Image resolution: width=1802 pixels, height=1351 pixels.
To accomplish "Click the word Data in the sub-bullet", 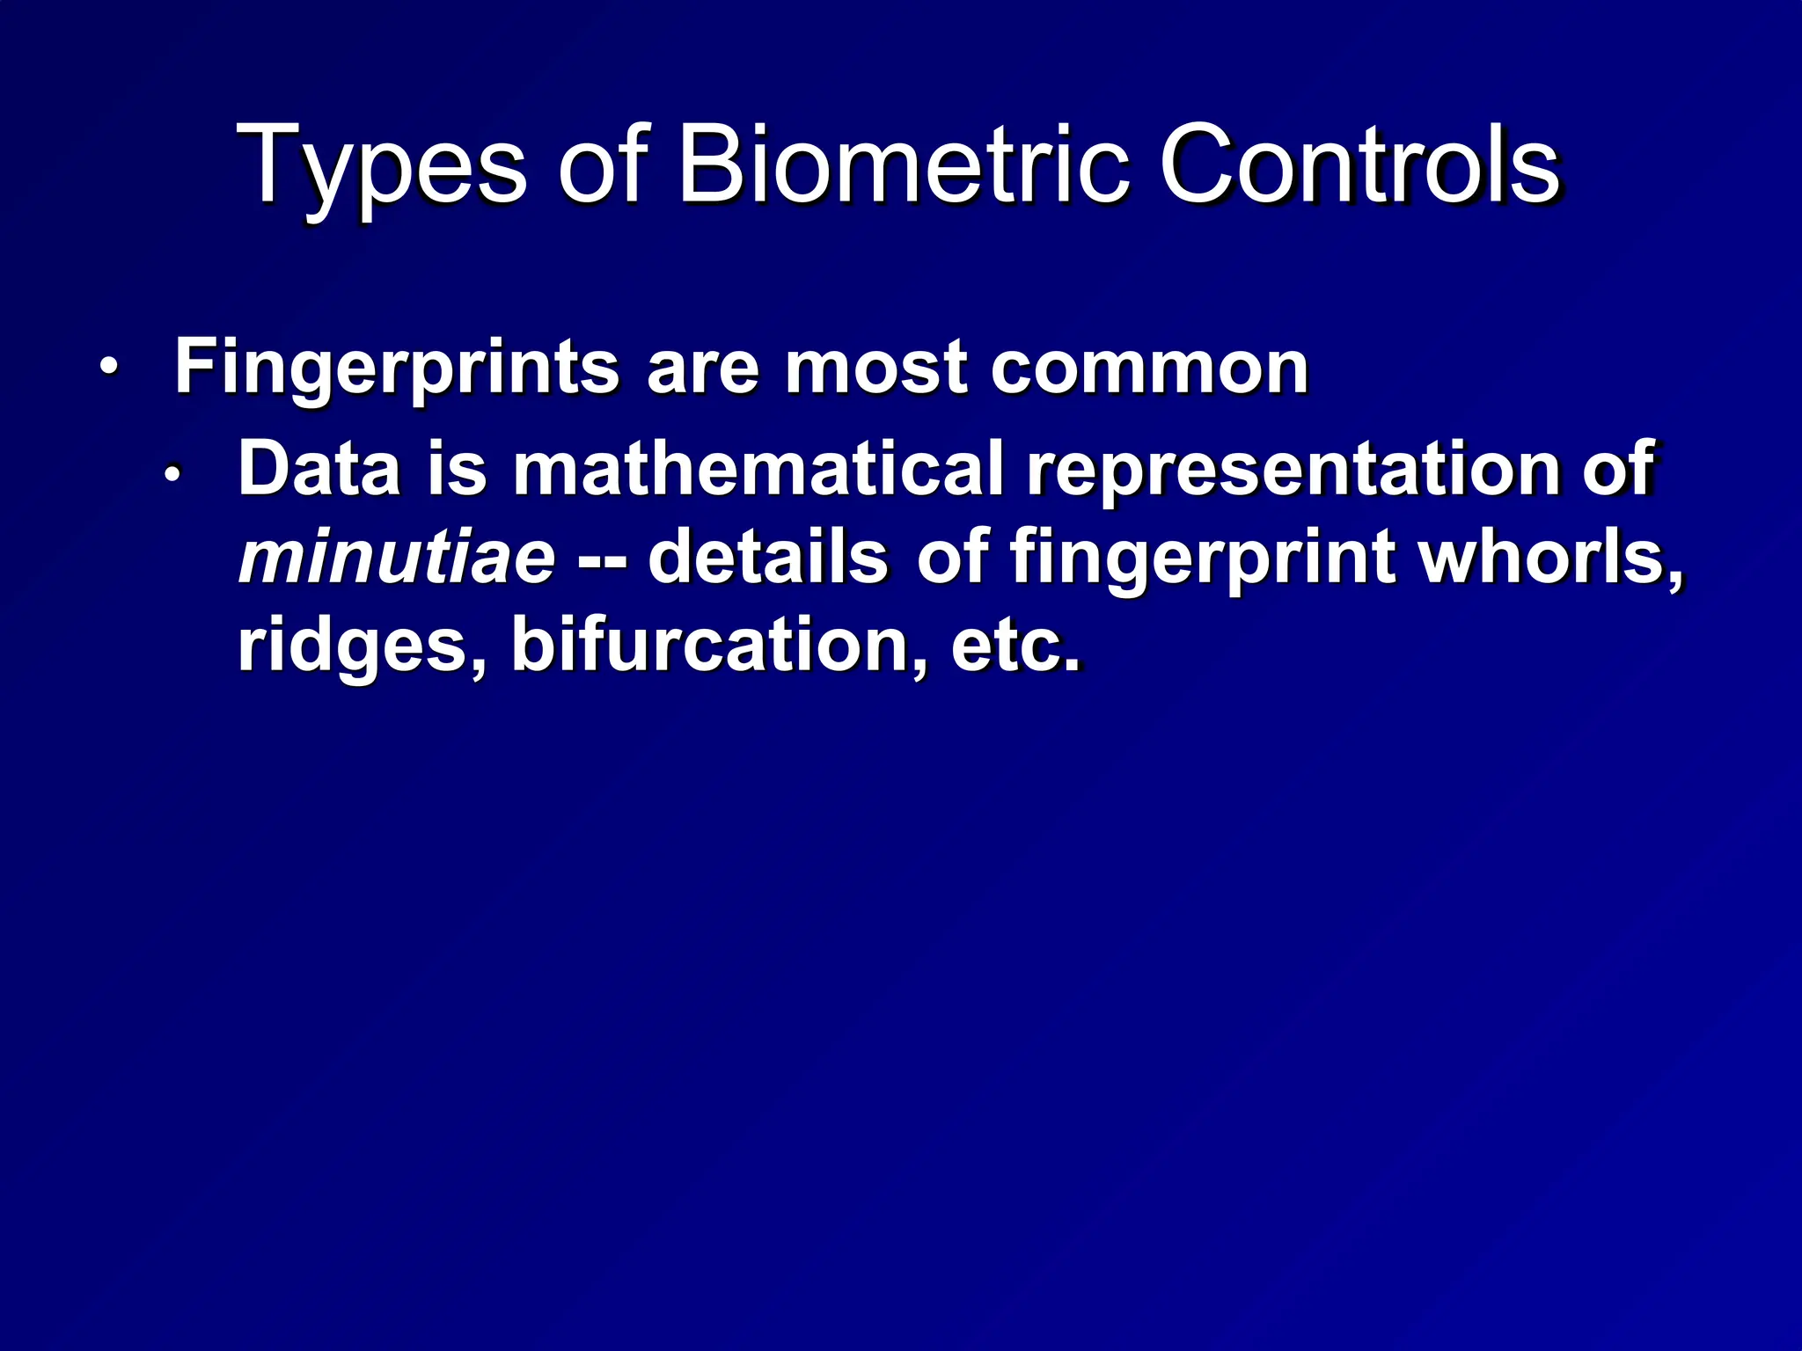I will pyautogui.click(x=319, y=468).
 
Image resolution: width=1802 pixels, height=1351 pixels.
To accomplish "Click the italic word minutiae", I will pyautogui.click(x=397, y=558).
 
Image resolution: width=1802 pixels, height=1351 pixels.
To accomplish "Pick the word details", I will pyautogui.click(x=767, y=558).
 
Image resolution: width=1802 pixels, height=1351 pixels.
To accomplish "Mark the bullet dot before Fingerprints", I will pyautogui.click(x=107, y=367).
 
